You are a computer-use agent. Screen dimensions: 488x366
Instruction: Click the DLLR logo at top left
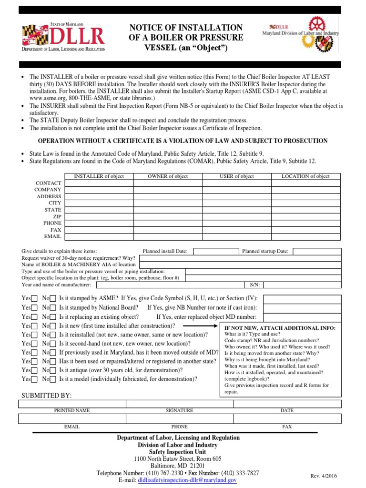pos(63,37)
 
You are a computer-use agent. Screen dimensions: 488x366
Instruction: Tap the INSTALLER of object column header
pos(99,176)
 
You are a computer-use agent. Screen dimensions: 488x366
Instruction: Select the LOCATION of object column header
pos(305,176)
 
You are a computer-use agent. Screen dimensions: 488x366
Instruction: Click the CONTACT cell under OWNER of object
pos(168,183)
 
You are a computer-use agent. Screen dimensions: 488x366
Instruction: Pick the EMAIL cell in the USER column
pos(236,236)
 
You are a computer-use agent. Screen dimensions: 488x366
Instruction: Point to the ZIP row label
pos(57,216)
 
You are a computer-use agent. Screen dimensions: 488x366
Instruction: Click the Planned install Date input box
pos(215,251)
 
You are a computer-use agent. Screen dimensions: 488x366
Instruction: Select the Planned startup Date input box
pos(316,251)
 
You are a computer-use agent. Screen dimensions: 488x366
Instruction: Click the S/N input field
pos(302,285)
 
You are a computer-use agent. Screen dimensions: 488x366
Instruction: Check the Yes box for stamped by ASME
pos(34,299)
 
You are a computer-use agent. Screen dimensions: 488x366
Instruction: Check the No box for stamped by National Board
pos(53,308)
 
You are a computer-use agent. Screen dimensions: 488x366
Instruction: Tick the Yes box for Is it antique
pos(34,370)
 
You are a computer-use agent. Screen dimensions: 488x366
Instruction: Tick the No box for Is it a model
pos(53,379)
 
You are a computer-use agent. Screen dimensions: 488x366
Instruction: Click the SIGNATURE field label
pos(179,410)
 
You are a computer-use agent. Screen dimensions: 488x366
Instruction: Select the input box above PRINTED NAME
pos(72,404)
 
